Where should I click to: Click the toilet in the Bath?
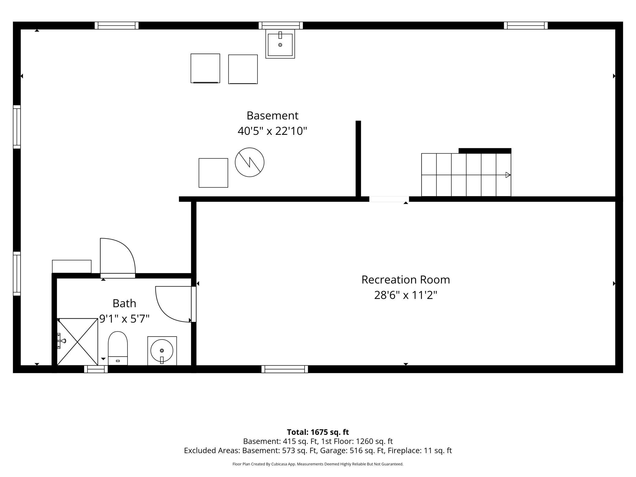tap(118, 348)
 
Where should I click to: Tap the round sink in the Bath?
tap(162, 351)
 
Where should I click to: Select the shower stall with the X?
tap(77, 342)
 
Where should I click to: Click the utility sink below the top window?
tap(280, 44)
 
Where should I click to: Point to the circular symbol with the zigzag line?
tap(250, 162)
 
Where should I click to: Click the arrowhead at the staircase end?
tap(508, 175)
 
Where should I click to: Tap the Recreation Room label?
tap(405, 280)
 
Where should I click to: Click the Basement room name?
tap(272, 116)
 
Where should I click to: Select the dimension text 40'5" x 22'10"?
tap(272, 131)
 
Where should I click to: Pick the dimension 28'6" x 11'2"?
tap(405, 295)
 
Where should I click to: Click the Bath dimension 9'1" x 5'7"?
tap(124, 319)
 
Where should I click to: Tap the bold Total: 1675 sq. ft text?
tap(318, 432)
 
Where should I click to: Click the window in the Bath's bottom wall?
tap(96, 369)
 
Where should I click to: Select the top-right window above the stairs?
tap(526, 25)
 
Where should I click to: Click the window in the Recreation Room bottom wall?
tap(285, 369)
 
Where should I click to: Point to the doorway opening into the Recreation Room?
tap(389, 199)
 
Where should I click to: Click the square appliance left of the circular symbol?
tap(213, 173)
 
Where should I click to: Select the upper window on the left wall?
tap(17, 127)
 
